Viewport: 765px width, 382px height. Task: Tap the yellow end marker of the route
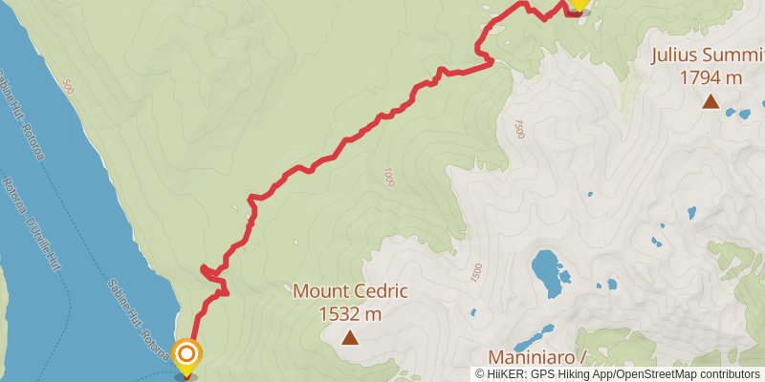(x=578, y=5)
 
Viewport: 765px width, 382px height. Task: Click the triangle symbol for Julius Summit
(x=710, y=101)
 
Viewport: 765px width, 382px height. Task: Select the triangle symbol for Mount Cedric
(x=350, y=336)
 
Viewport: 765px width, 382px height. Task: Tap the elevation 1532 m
(x=350, y=313)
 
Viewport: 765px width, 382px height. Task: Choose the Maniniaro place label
(x=535, y=358)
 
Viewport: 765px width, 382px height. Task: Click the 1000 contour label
(x=388, y=178)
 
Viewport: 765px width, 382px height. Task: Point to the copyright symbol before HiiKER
(x=480, y=374)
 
